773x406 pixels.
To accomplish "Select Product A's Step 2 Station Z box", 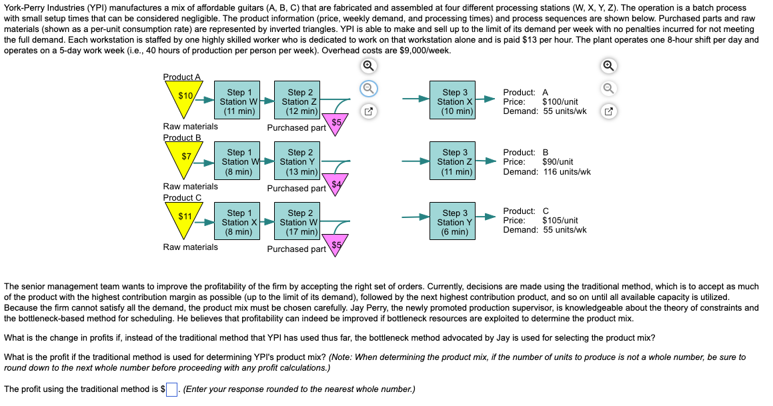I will pyautogui.click(x=299, y=102).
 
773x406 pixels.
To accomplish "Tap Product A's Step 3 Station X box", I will pyautogui.click(x=456, y=102).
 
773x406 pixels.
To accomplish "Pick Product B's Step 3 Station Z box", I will pyautogui.click(x=456, y=162).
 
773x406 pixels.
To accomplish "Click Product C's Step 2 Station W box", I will pyautogui.click(x=301, y=223).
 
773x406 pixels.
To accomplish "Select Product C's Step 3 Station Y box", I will pyautogui.click(x=456, y=223).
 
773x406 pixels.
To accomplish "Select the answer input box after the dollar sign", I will pyautogui.click(x=171, y=389).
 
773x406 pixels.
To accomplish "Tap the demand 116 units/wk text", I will pyautogui.click(x=566, y=171).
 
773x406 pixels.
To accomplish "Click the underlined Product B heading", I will pyautogui.click(x=181, y=137).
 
